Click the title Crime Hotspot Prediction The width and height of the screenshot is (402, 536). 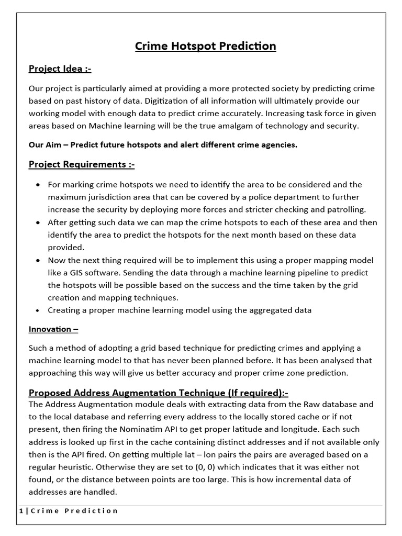tap(205, 46)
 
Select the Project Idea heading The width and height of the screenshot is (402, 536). tap(60, 69)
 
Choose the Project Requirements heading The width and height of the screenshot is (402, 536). tap(81, 164)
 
